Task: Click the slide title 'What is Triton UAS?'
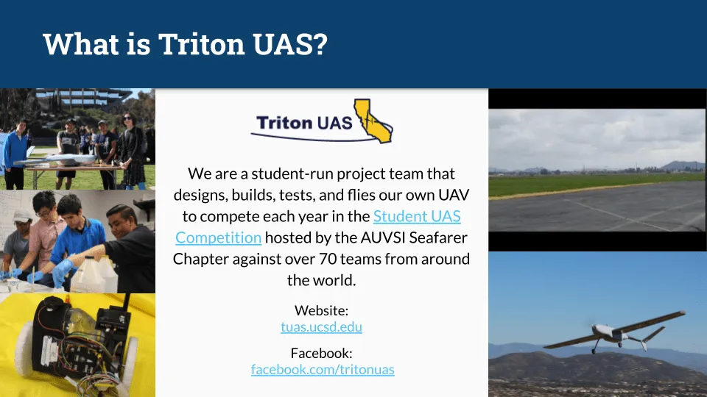click(185, 44)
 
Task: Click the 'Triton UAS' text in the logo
click(304, 123)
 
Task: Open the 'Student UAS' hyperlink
click(417, 216)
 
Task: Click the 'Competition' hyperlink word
click(218, 237)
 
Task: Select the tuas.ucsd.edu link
click(321, 327)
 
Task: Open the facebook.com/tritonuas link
click(323, 370)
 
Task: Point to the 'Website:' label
click(321, 310)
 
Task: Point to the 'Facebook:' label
click(321, 353)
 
